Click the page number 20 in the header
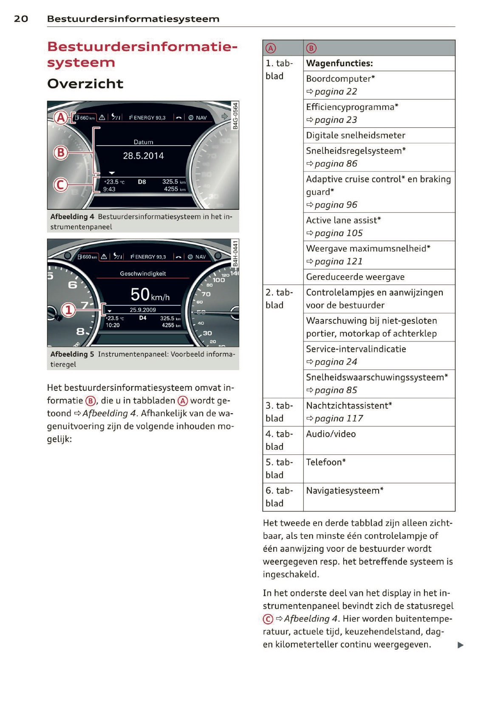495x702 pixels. (21, 19)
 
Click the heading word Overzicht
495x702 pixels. (85, 84)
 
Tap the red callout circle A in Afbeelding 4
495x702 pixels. (61, 117)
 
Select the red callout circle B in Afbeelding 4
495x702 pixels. (61, 152)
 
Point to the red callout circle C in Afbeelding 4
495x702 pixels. (61, 185)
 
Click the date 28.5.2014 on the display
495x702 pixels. (143, 156)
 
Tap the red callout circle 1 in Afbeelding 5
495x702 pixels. (68, 310)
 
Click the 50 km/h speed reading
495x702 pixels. (150, 295)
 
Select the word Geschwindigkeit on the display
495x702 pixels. (143, 274)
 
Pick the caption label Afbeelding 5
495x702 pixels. (72, 354)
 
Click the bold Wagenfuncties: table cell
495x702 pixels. (339, 63)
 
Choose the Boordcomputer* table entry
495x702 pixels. (340, 79)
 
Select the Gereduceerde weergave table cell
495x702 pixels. (355, 277)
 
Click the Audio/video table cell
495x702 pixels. (331, 434)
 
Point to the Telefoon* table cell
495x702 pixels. (326, 462)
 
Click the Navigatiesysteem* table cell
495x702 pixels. (345, 491)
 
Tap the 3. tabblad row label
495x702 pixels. (279, 412)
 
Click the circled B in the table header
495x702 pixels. (311, 48)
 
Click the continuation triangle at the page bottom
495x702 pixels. (461, 645)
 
